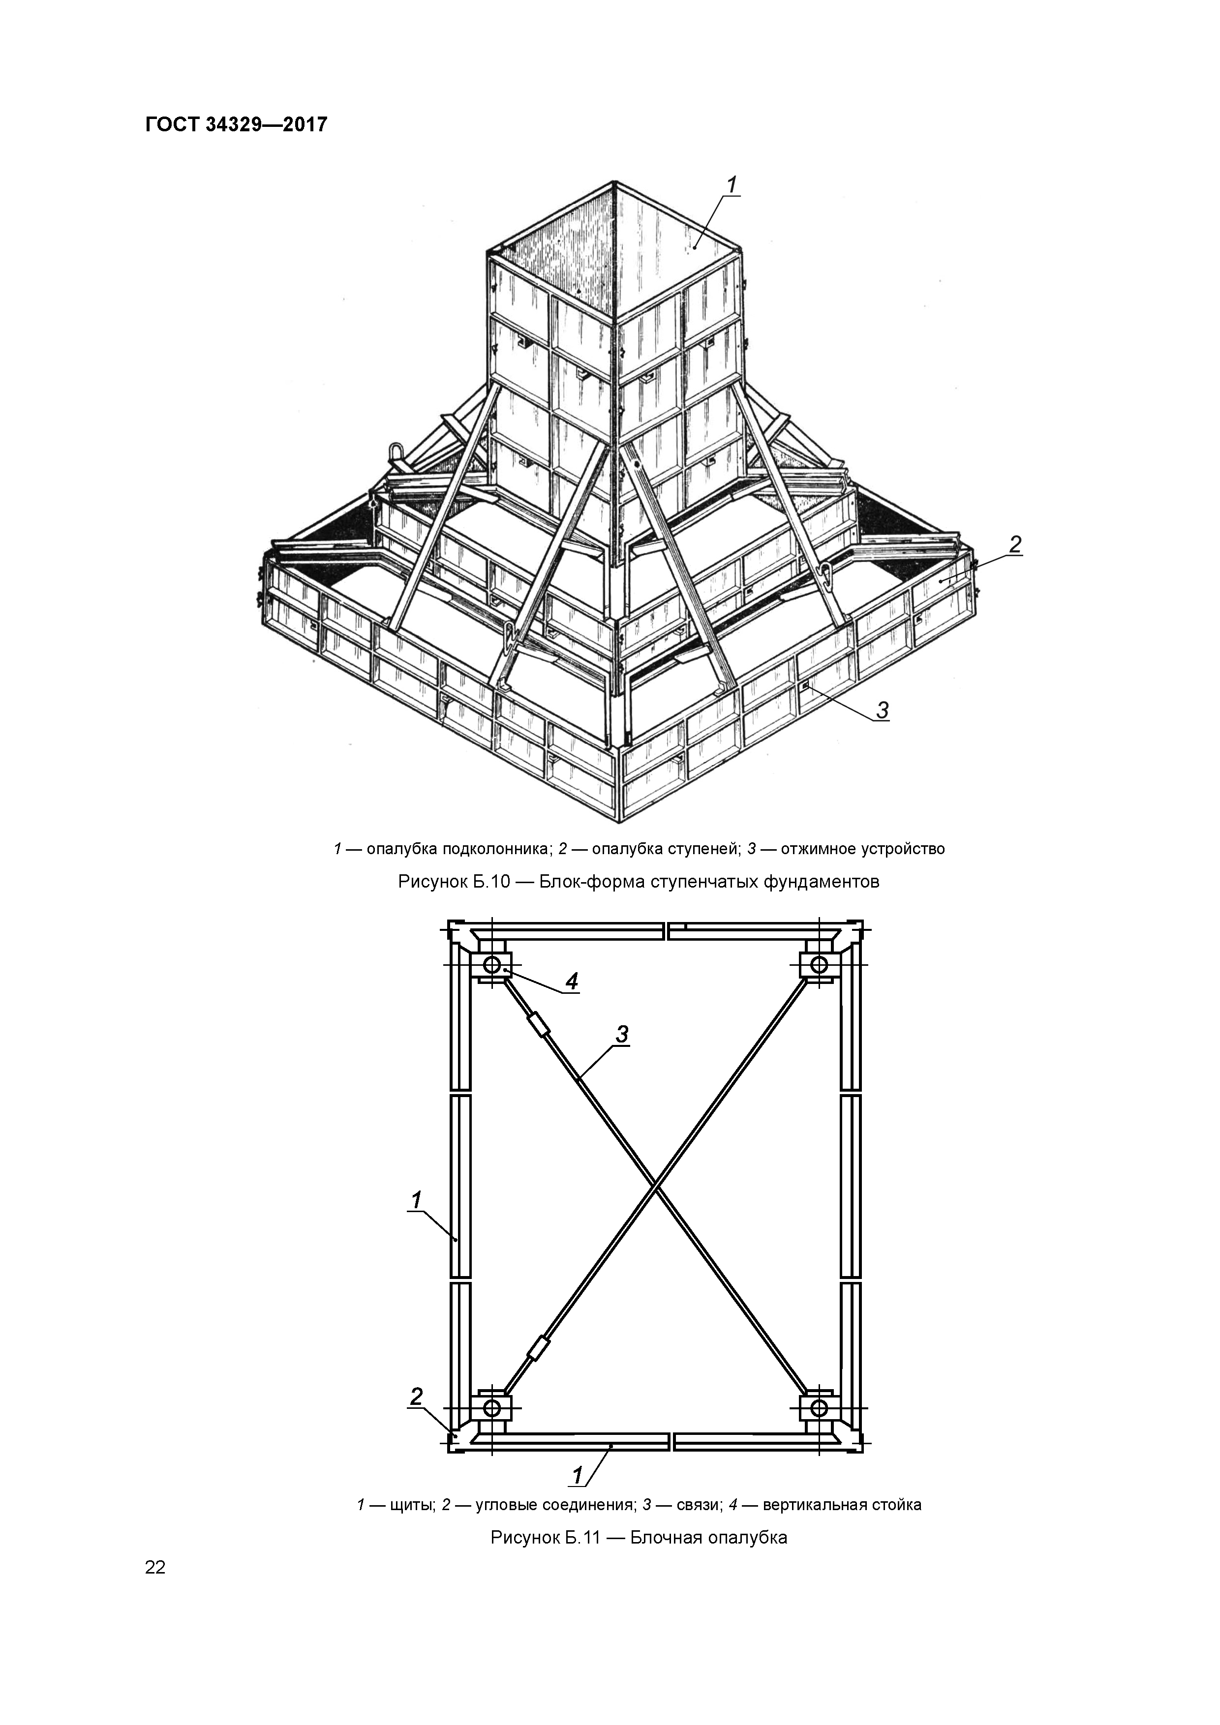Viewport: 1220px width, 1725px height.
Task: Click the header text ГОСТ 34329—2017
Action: (x=236, y=124)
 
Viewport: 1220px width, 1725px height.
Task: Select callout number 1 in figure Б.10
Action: (x=732, y=185)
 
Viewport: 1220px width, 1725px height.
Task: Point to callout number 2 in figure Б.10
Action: (x=1015, y=545)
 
